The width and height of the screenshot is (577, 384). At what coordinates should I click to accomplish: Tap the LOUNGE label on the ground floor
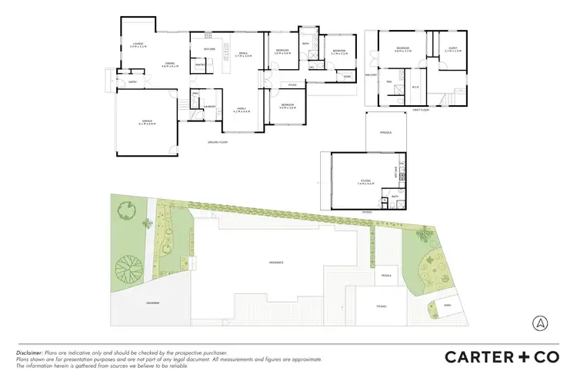(138, 45)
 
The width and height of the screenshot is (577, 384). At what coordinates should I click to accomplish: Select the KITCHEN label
(208, 49)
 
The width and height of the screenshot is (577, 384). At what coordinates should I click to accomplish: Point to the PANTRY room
(199, 65)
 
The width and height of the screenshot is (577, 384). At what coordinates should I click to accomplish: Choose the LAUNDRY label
(209, 106)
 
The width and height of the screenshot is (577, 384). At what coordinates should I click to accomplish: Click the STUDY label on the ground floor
(292, 84)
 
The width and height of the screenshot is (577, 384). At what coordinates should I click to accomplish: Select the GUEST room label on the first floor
(452, 48)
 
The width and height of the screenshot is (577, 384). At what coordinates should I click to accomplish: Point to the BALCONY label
(369, 74)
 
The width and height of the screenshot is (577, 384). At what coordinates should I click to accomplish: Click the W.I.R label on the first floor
(415, 87)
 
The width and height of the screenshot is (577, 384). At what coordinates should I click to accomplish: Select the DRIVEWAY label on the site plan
(152, 303)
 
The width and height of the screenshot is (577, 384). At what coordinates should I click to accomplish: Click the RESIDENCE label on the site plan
(276, 262)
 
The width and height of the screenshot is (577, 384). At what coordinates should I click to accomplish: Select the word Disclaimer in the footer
(29, 352)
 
